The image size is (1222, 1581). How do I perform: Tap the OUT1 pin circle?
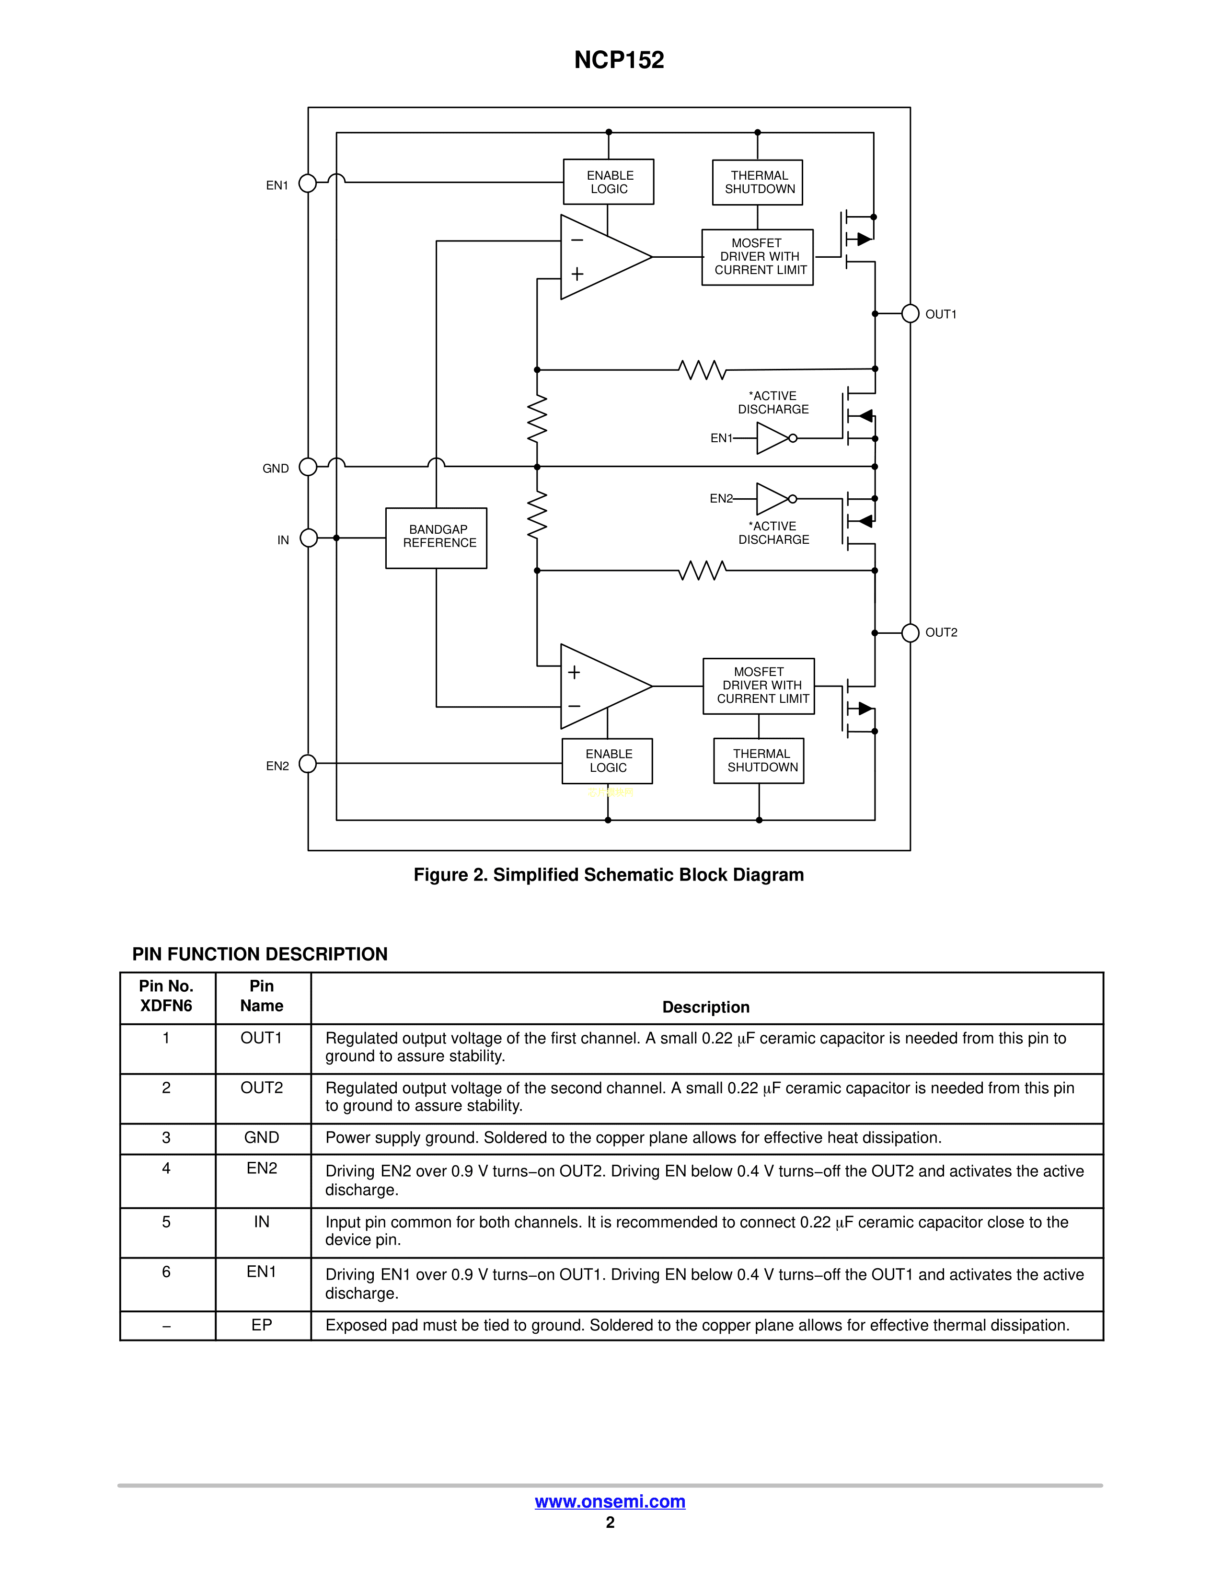tap(910, 313)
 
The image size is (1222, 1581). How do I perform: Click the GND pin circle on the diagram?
tap(308, 467)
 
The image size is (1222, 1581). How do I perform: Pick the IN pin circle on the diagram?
tap(309, 538)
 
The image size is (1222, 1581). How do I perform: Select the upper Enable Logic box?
tap(608, 182)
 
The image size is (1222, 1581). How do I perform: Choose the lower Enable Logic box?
tap(607, 761)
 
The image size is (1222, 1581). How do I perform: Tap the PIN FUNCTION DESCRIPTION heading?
tap(259, 954)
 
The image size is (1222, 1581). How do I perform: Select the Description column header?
tap(706, 1007)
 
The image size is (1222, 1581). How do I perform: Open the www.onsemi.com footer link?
tap(610, 1501)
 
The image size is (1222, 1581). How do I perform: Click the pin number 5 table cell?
tap(166, 1222)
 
